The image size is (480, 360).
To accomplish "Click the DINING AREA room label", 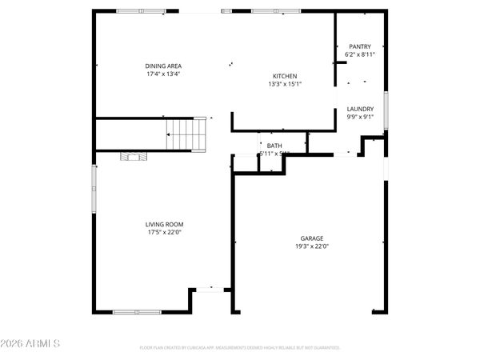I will point(162,66).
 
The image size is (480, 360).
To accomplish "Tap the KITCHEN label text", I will point(284,76).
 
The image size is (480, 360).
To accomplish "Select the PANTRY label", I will point(360,46).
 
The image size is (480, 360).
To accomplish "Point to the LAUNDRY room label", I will point(360,109).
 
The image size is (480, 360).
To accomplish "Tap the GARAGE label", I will point(312,238).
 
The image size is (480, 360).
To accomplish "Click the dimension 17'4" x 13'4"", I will point(162,74).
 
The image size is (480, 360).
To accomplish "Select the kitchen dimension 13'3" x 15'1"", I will point(284,84).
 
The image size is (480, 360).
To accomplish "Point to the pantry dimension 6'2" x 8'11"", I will point(360,54).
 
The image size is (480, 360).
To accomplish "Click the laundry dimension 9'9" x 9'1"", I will point(360,117).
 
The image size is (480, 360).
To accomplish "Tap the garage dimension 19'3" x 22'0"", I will point(312,246).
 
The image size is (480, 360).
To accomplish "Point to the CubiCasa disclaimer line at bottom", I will point(240,348).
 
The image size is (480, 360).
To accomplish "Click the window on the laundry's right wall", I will point(386,110).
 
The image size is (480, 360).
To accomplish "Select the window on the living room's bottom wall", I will point(137,311).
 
